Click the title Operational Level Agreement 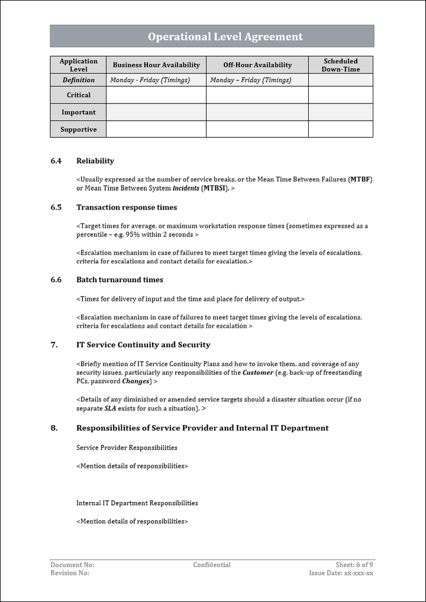click(225, 37)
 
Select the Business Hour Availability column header click(156, 65)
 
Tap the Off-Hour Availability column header click(257, 65)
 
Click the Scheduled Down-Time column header click(340, 65)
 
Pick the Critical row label click(79, 95)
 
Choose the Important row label click(79, 112)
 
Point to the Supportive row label click(79, 130)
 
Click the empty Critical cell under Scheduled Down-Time click(340, 95)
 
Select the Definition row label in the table click(79, 80)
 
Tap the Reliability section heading click(95, 161)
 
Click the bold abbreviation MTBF click(360, 179)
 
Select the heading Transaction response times click(127, 208)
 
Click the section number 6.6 click(56, 280)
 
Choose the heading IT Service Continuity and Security click(143, 345)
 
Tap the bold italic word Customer click(258, 373)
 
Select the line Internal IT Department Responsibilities click(137, 503)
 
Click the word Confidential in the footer click(212, 565)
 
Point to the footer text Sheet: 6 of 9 click(354, 565)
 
